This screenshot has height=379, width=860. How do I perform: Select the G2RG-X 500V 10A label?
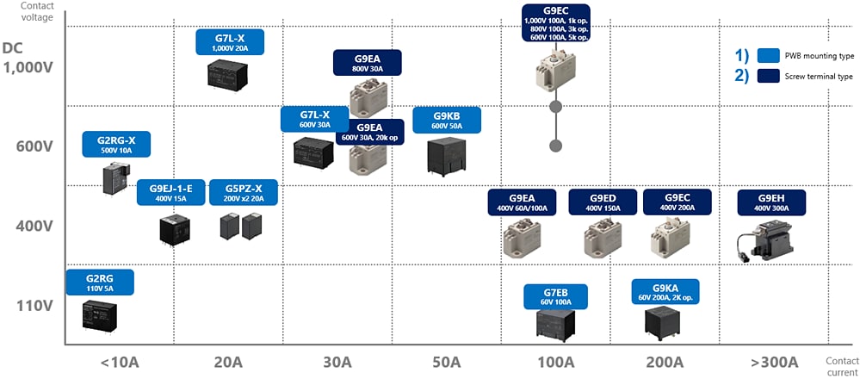pyautogui.click(x=116, y=144)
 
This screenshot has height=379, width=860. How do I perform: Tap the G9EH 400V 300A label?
pyautogui.click(x=772, y=202)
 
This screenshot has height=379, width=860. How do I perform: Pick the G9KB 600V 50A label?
pyautogui.click(x=446, y=121)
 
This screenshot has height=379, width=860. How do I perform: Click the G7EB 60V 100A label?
pyautogui.click(x=556, y=297)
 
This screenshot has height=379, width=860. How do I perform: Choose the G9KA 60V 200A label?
pyautogui.click(x=665, y=291)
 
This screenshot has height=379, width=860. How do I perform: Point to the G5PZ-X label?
pyautogui.click(x=244, y=192)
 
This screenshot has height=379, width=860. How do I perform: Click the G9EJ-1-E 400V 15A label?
pyautogui.click(x=170, y=192)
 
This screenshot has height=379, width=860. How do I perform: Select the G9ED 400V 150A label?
pyautogui.click(x=603, y=202)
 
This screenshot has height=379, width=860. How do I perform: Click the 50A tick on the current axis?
pyautogui.click(x=446, y=362)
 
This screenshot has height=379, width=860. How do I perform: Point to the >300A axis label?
pyautogui.click(x=772, y=362)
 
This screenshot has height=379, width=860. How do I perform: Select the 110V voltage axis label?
pyautogui.click(x=34, y=305)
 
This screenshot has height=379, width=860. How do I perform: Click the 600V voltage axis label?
pyautogui.click(x=34, y=146)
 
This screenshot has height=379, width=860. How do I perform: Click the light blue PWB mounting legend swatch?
pyautogui.click(x=768, y=55)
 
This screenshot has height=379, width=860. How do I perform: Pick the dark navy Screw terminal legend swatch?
pyautogui.click(x=768, y=76)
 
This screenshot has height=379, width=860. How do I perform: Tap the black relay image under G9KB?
pyautogui.click(x=446, y=157)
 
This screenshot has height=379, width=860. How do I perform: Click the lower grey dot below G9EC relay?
pyautogui.click(x=556, y=146)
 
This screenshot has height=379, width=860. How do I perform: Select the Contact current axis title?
pyautogui.click(x=840, y=367)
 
